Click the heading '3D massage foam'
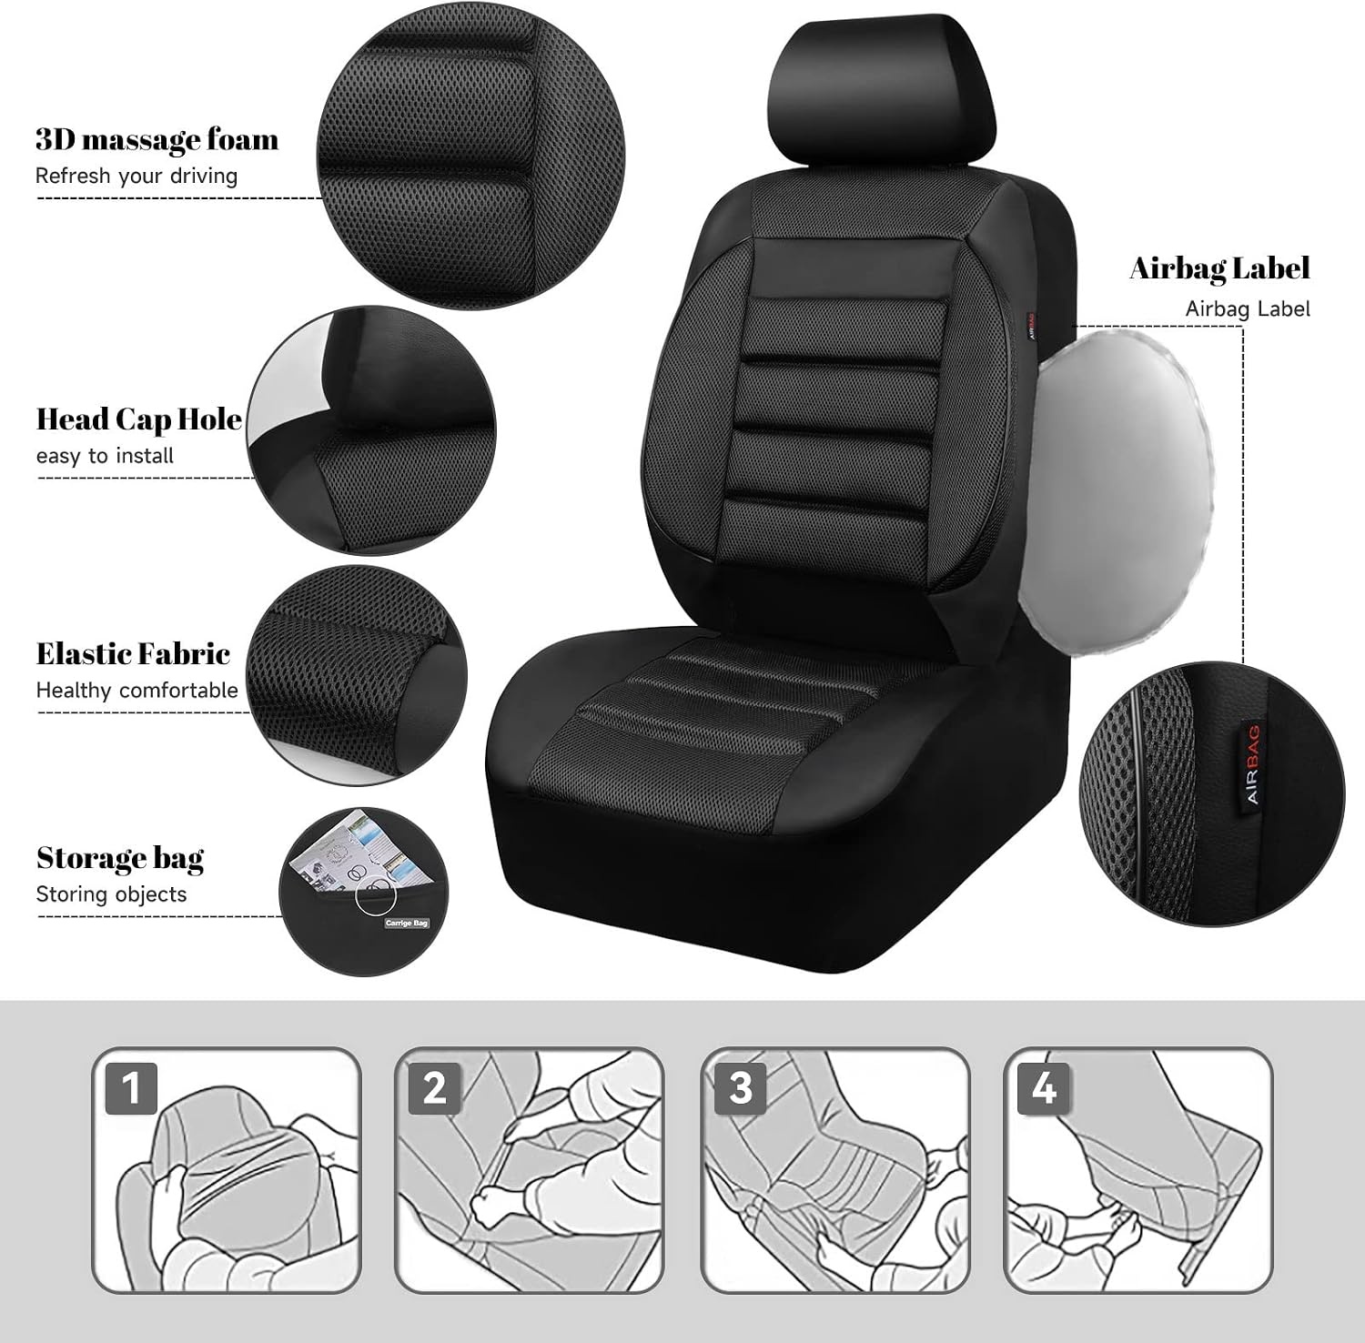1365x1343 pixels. pyautogui.click(x=157, y=140)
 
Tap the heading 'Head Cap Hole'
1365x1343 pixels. pyautogui.click(x=139, y=419)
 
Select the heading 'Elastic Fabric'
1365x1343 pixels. pyautogui.click(x=133, y=653)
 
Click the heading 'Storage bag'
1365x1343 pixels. pyautogui.click(x=120, y=858)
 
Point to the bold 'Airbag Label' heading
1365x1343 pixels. pyautogui.click(x=1219, y=268)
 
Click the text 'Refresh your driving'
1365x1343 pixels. pyautogui.click(x=136, y=176)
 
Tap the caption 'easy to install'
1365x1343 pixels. pyautogui.click(x=105, y=455)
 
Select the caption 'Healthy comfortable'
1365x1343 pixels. pyautogui.click(x=136, y=690)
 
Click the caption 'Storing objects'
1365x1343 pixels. pyautogui.click(x=111, y=894)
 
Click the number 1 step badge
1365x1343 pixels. pyautogui.click(x=132, y=1087)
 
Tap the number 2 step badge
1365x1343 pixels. pyautogui.click(x=435, y=1087)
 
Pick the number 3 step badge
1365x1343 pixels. pyautogui.click(x=741, y=1087)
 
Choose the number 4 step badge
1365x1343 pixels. pyautogui.click(x=1045, y=1087)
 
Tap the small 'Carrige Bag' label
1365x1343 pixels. pyautogui.click(x=406, y=923)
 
